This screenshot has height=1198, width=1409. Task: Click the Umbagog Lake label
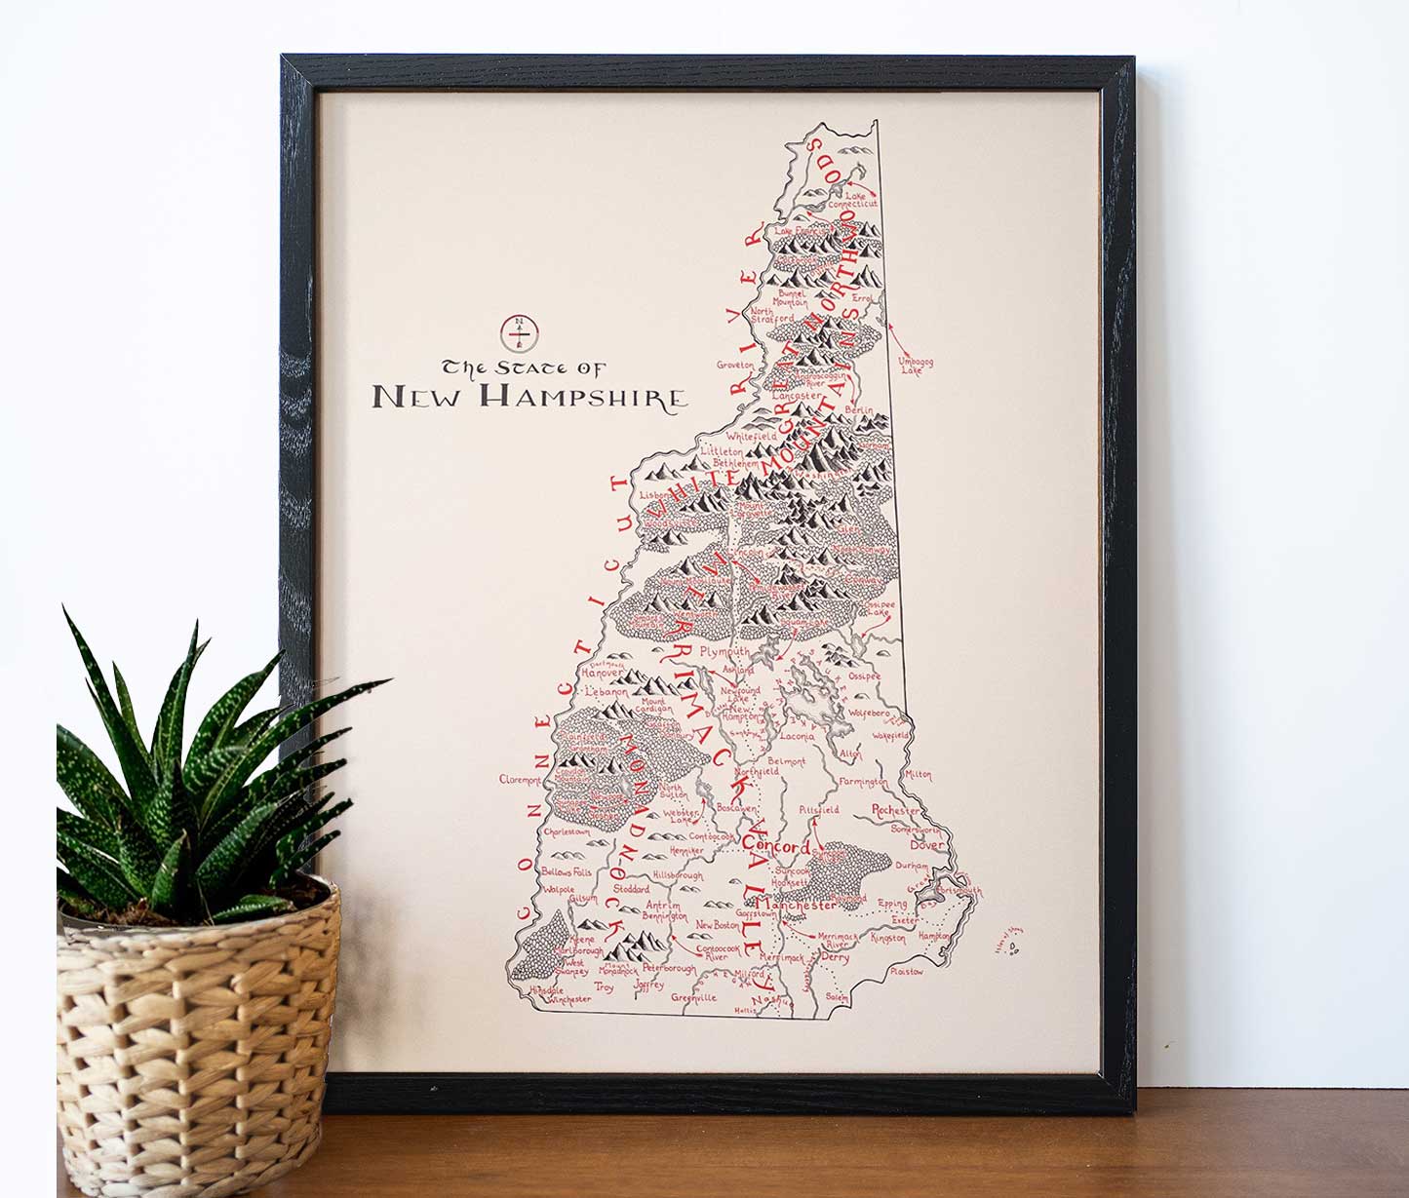pos(916,366)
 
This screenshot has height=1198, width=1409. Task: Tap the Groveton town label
pos(736,365)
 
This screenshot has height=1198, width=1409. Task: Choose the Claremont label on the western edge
pos(520,780)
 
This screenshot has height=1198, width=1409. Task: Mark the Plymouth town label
pos(725,650)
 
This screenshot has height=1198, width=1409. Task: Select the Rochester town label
pos(895,810)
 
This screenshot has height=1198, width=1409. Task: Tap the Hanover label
pos(602,673)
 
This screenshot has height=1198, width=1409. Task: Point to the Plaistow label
pos(906,971)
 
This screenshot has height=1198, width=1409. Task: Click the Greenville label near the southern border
pos(694,997)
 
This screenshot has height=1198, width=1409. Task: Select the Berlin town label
pos(861,410)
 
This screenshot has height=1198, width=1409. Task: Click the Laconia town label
pos(797,737)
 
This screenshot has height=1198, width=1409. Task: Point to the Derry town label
pos(835,957)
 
